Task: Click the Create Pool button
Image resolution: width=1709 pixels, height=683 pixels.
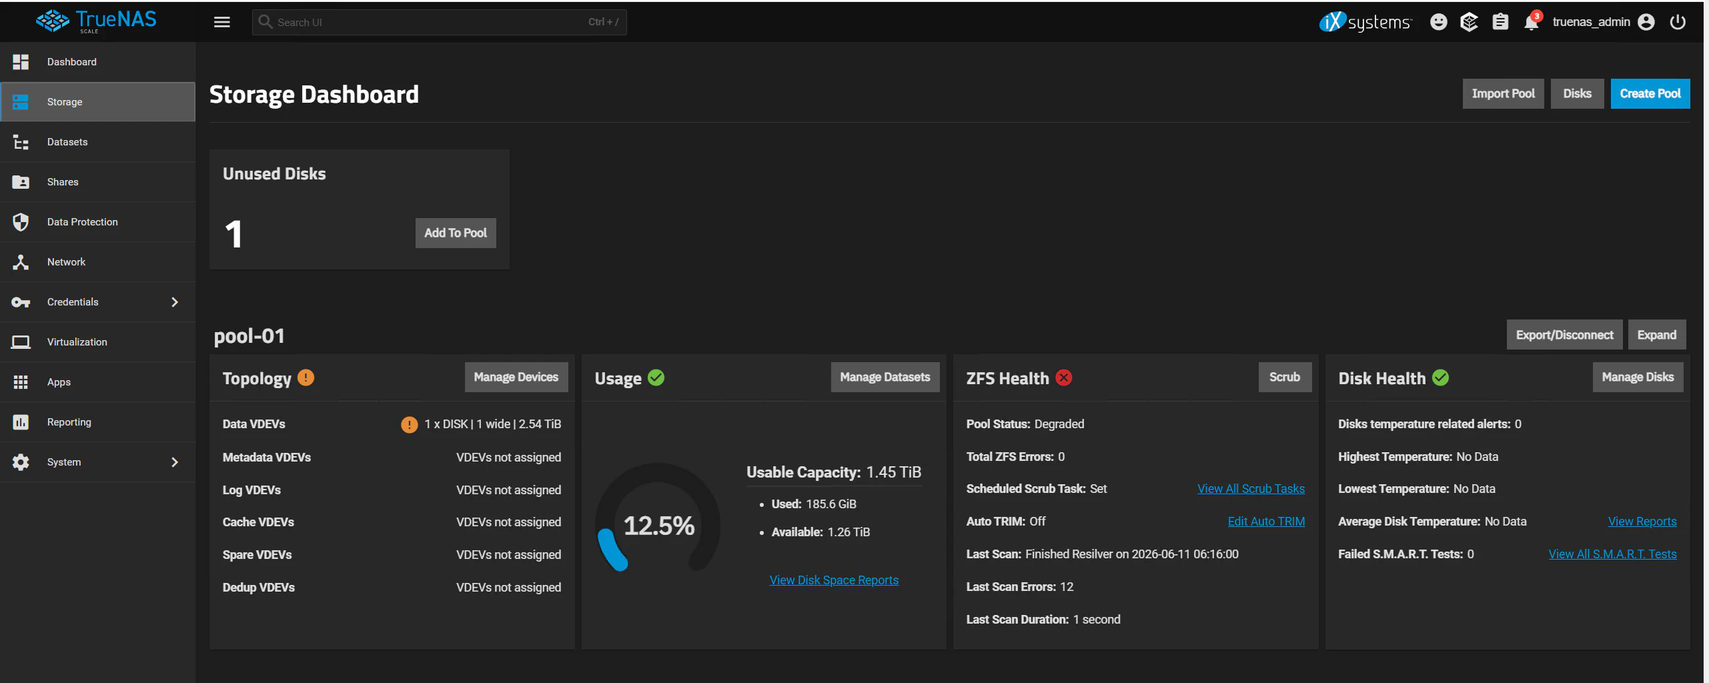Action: tap(1650, 94)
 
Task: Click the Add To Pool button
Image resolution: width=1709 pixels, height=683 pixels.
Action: tap(456, 233)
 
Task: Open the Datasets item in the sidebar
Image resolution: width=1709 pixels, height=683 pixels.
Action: tap(67, 142)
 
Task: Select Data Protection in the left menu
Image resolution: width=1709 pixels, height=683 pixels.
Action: tap(82, 222)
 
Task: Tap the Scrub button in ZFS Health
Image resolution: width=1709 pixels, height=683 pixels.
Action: tap(1284, 378)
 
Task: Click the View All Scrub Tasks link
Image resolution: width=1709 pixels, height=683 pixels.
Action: tap(1251, 489)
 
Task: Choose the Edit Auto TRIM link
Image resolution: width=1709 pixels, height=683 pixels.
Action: tap(1266, 522)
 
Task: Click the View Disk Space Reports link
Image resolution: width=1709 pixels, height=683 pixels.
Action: tap(834, 580)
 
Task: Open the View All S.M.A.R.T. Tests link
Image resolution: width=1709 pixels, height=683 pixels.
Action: tap(1612, 554)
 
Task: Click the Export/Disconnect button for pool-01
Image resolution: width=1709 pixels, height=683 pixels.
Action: tap(1564, 335)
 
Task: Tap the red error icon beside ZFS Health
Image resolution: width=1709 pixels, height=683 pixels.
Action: tap(1064, 378)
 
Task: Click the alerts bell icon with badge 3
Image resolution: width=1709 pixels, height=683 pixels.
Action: tap(1531, 22)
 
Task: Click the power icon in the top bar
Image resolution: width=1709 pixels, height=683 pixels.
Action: tap(1678, 22)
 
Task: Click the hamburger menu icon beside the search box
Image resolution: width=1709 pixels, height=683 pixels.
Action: tap(222, 22)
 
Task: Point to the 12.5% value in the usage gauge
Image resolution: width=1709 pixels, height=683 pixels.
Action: tap(659, 526)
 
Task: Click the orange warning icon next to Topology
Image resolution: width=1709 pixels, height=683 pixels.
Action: tap(306, 378)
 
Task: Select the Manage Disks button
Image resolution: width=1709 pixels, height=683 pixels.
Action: tap(1638, 378)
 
